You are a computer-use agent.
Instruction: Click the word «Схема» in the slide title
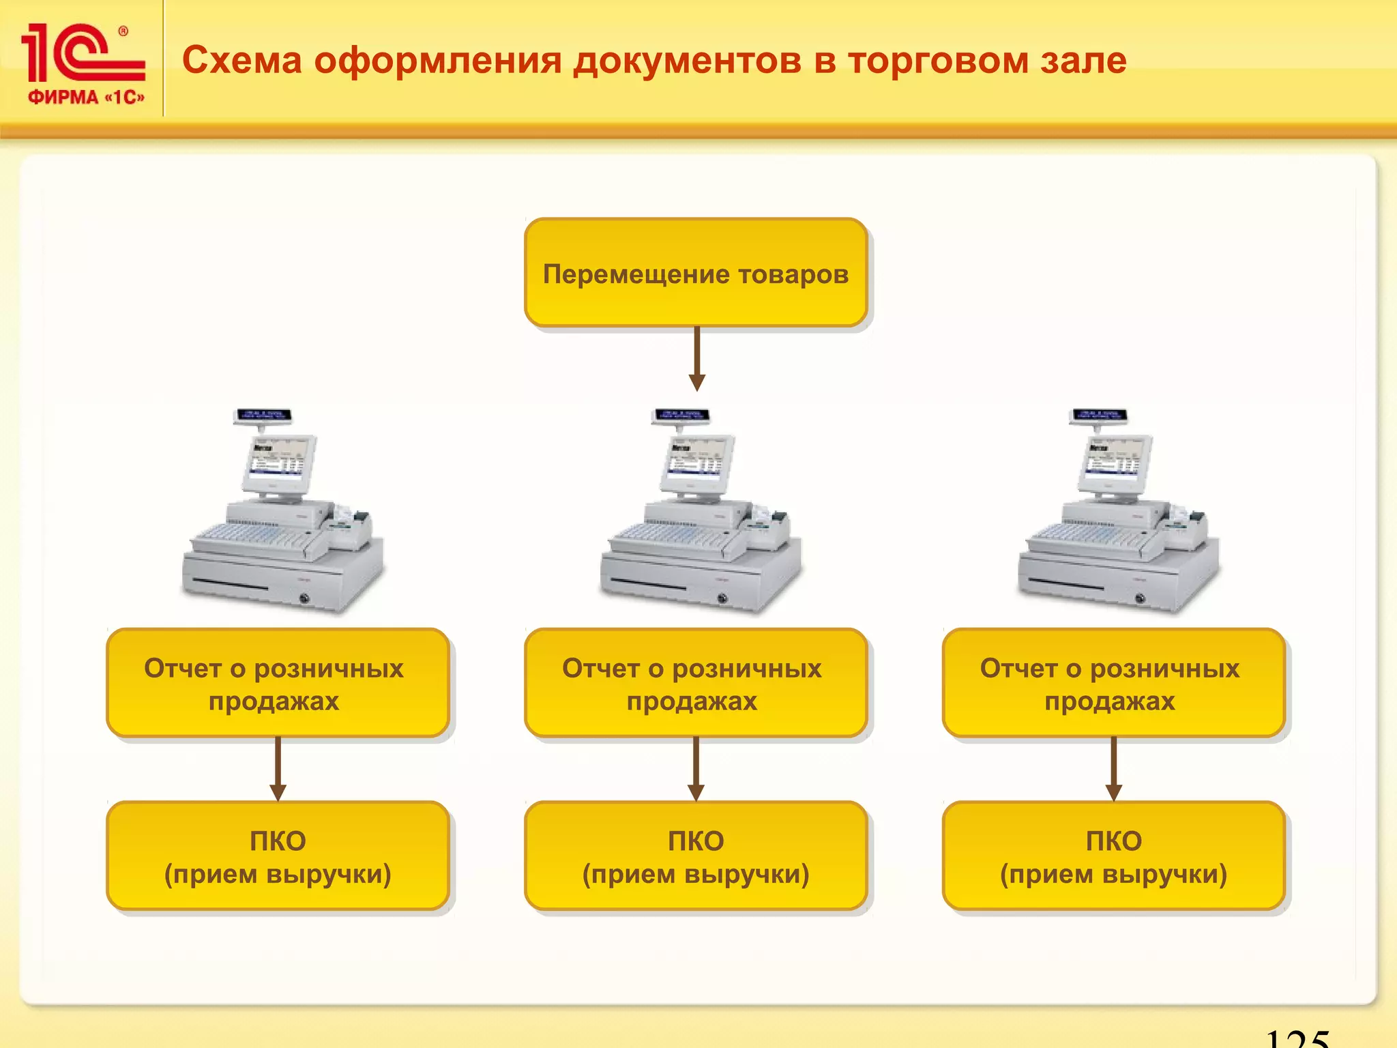(x=241, y=60)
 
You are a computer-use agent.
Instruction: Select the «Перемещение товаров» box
(x=695, y=273)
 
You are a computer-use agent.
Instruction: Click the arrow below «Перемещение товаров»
(x=696, y=359)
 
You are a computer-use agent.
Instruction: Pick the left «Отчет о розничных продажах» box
(x=277, y=683)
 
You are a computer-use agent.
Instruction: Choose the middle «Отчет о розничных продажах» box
(x=695, y=683)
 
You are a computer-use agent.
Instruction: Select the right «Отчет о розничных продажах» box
(x=1113, y=683)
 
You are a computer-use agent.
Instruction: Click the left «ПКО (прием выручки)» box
(x=277, y=856)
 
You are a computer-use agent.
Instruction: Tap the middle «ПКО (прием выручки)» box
(x=695, y=856)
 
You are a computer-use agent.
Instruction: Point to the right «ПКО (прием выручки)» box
(x=1113, y=856)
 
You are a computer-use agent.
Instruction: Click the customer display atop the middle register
(x=681, y=415)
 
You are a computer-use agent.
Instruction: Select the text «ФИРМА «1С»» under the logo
(x=86, y=98)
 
